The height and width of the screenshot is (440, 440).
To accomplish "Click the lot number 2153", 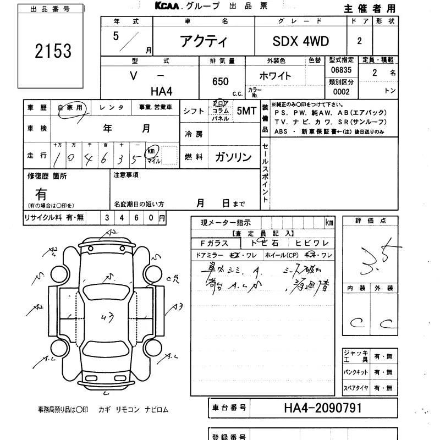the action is tap(53, 51).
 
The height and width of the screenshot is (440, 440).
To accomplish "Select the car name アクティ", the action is tap(204, 42).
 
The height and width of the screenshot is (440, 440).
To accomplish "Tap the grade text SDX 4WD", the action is tap(300, 42).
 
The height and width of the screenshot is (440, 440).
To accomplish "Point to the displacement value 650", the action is tap(220, 81).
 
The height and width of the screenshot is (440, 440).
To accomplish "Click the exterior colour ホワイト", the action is tap(275, 76).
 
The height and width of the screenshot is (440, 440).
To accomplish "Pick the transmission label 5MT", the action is tap(246, 111).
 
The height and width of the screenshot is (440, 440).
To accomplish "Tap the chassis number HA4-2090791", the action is tap(323, 408).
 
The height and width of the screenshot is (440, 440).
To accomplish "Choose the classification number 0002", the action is tap(341, 92).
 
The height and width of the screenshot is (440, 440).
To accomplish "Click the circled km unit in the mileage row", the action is tap(151, 151).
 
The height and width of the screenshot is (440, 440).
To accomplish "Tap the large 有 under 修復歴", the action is tap(41, 194).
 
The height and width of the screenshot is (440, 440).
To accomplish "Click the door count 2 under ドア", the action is tap(360, 41).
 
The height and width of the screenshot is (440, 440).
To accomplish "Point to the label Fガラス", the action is tap(208, 243).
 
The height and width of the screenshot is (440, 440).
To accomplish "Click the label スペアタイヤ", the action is tap(356, 388).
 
